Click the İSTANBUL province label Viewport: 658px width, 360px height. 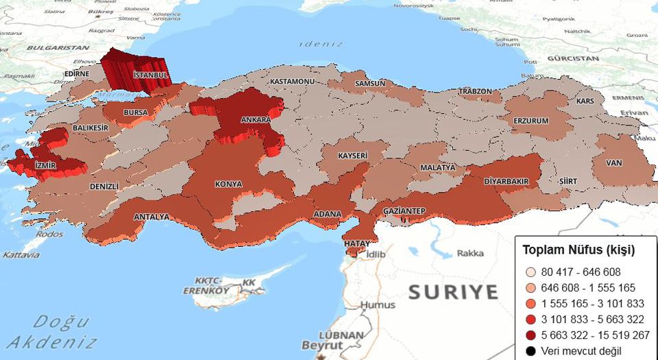click(151, 74)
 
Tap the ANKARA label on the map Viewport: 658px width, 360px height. click(256, 120)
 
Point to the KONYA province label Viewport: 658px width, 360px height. click(228, 184)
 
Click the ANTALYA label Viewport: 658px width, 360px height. click(151, 217)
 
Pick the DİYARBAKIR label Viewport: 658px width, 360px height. click(506, 182)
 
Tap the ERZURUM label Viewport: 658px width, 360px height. click(531, 121)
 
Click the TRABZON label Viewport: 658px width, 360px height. click(476, 91)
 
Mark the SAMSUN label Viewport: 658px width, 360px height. click(370, 84)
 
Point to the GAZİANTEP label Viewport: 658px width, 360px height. click(404, 211)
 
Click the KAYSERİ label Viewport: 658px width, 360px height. click(352, 156)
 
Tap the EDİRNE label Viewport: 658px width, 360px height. click(77, 74)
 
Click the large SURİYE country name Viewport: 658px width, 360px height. click(453, 292)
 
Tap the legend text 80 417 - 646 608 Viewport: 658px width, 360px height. click(579, 272)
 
